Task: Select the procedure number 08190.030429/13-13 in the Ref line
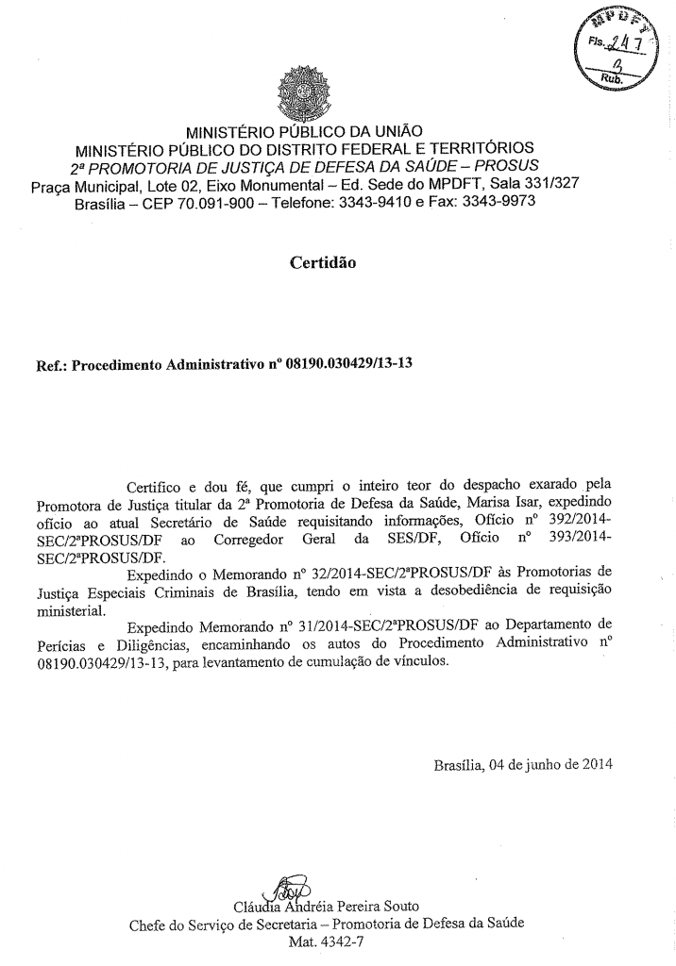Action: [337, 361]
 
